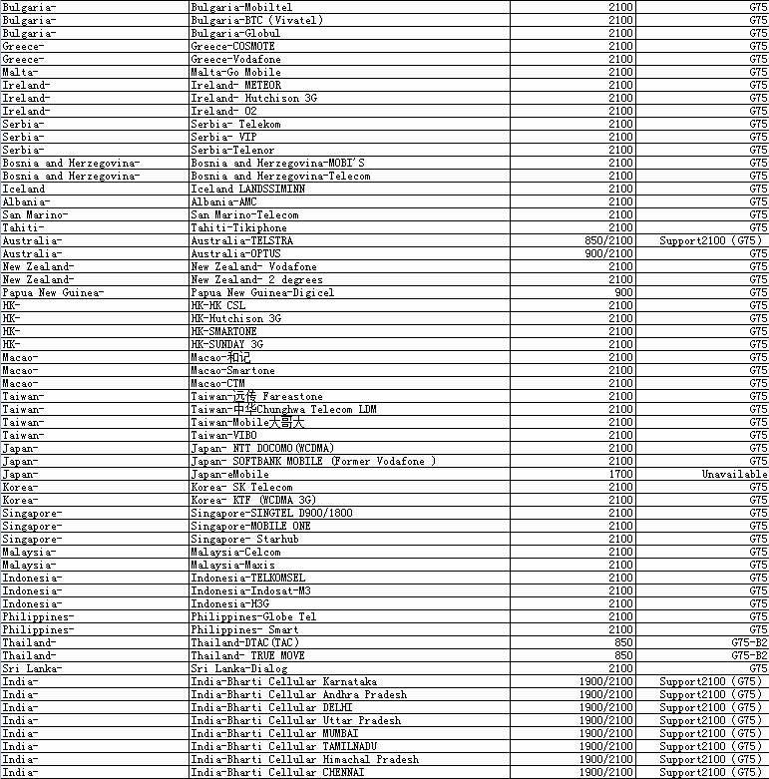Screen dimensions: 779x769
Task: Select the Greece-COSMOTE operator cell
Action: (x=232, y=46)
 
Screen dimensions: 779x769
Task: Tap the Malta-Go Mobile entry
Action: (x=235, y=72)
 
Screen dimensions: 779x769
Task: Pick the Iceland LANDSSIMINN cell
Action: (x=247, y=189)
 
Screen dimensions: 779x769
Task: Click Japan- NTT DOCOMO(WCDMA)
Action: (x=262, y=448)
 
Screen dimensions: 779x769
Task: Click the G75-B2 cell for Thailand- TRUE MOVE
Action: (x=749, y=655)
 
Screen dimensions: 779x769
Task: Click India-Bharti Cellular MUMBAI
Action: (x=260, y=733)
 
